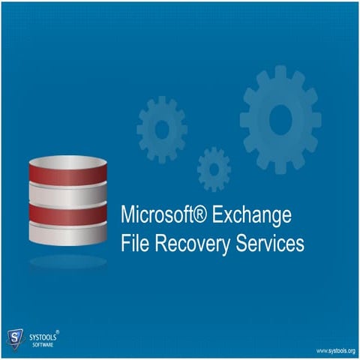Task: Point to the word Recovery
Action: pyautogui.click(x=190, y=244)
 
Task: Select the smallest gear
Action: pyautogui.click(x=214, y=168)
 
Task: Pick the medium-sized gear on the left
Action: pyautogui.click(x=162, y=130)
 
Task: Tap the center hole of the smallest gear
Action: pyautogui.click(x=214, y=168)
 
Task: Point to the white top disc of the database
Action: pyautogui.click(x=68, y=162)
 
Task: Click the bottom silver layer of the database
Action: pyautogui.click(x=68, y=233)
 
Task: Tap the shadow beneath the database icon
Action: pyautogui.click(x=68, y=262)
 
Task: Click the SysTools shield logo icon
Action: pyautogui.click(x=14, y=339)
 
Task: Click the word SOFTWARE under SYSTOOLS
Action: pyautogui.click(x=42, y=346)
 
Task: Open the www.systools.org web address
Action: pyautogui.click(x=334, y=350)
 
